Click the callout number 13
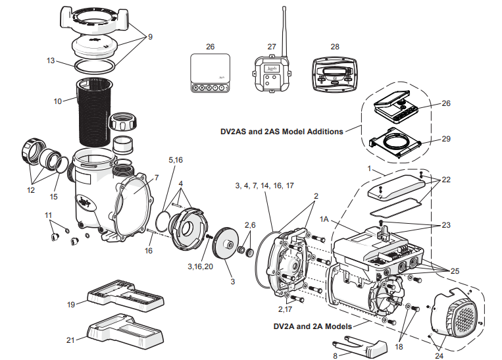[x=51, y=61]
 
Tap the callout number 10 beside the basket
[x=58, y=101]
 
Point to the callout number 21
[x=70, y=340]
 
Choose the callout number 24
[x=439, y=356]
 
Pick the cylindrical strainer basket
[x=97, y=112]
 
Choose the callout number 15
[x=54, y=196]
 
